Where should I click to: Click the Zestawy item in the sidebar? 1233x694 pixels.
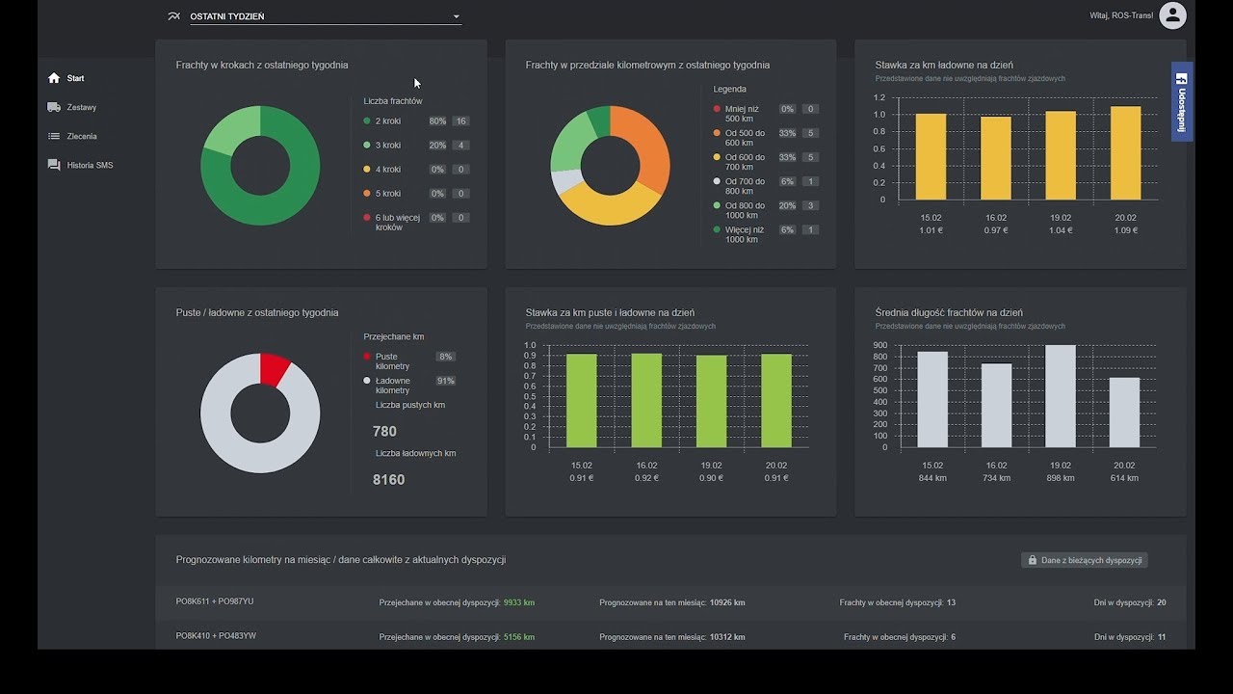[81, 107]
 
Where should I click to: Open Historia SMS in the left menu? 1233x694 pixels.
[89, 165]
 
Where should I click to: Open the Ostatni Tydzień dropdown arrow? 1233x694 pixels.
[457, 16]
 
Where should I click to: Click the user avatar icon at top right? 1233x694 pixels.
[1172, 15]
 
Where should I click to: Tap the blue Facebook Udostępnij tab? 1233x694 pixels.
[1182, 101]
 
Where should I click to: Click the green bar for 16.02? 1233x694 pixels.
[646, 400]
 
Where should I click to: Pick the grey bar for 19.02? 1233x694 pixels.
[1060, 395]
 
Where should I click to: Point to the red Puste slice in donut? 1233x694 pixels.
[274, 369]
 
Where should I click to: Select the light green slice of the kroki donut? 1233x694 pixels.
[228, 131]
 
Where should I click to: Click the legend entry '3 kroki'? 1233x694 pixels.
[388, 146]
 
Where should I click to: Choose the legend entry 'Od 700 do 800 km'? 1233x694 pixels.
[745, 186]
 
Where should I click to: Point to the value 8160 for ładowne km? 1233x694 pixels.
[388, 479]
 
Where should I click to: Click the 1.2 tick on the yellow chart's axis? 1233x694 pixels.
[879, 97]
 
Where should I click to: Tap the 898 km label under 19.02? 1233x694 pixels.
[1060, 478]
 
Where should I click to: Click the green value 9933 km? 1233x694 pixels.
[518, 602]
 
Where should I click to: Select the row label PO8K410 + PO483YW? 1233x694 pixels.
[216, 636]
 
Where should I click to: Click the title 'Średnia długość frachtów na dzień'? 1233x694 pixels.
[949, 312]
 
